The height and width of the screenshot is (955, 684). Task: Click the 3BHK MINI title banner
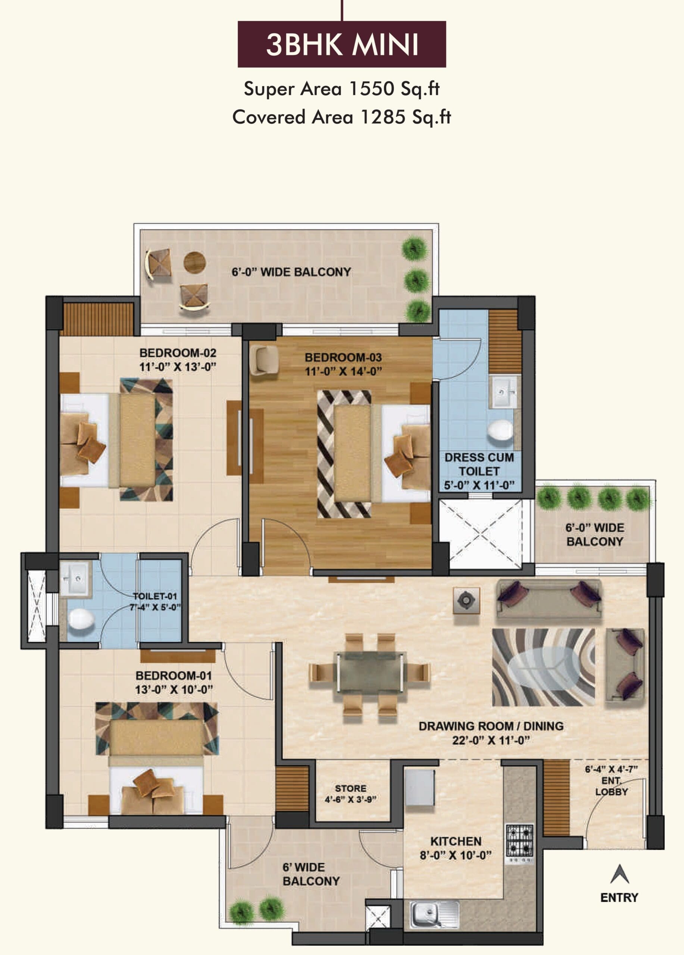(x=341, y=44)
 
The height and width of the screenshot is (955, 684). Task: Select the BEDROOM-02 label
(x=178, y=353)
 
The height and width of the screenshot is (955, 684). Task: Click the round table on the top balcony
(x=194, y=262)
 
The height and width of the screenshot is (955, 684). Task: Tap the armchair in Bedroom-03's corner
(x=264, y=359)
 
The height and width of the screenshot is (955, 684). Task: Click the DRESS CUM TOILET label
(x=479, y=464)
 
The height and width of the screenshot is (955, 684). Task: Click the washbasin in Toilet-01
(x=76, y=579)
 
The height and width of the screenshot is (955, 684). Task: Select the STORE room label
(x=350, y=788)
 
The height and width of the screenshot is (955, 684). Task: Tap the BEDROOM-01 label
(x=174, y=676)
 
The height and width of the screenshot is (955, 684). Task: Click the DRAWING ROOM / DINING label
(x=491, y=726)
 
